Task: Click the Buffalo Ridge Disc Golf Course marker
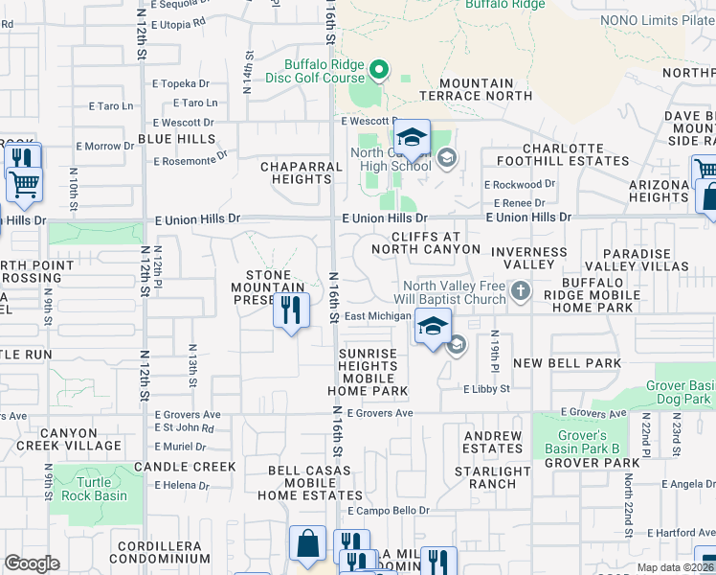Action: pyautogui.click(x=379, y=69)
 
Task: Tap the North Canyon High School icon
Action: pyautogui.click(x=413, y=141)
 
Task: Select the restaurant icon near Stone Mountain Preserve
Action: pyautogui.click(x=292, y=310)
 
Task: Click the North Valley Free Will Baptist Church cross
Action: pyautogui.click(x=520, y=290)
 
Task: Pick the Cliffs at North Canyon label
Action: pyautogui.click(x=425, y=242)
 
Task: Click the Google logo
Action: pyautogui.click(x=32, y=563)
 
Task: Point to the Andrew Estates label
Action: pyautogui.click(x=493, y=442)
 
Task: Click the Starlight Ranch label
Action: pyautogui.click(x=493, y=477)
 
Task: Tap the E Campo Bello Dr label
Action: pyautogui.click(x=389, y=511)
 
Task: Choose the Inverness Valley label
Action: pyautogui.click(x=528, y=258)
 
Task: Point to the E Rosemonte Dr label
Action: pyautogui.click(x=192, y=156)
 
